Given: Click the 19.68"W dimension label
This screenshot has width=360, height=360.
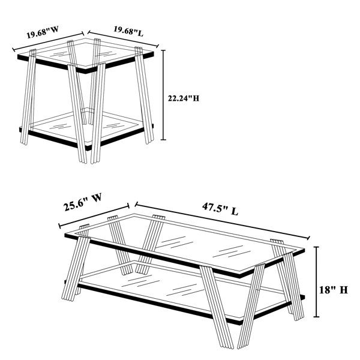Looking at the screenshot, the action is pyautogui.click(x=43, y=32).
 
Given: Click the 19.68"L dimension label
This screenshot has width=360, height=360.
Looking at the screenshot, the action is pyautogui.click(x=128, y=31).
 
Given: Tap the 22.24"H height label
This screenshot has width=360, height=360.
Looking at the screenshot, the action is pyautogui.click(x=184, y=98).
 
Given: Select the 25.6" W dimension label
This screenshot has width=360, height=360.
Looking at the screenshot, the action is pyautogui.click(x=82, y=202).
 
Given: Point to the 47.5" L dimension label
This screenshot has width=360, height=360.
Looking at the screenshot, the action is pyautogui.click(x=220, y=209).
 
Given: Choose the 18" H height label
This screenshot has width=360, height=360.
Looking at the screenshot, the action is pyautogui.click(x=334, y=290).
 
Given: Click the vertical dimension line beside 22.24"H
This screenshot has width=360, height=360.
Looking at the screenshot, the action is pyautogui.click(x=163, y=95).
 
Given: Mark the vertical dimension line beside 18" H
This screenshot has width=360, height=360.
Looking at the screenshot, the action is pyautogui.click(x=317, y=282).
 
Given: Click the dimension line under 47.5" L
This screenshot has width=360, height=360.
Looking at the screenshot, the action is pyautogui.click(x=222, y=221).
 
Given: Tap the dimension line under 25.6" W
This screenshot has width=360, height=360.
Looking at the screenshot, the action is pyautogui.click(x=94, y=215).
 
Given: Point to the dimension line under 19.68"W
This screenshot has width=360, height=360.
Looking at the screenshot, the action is pyautogui.click(x=48, y=41).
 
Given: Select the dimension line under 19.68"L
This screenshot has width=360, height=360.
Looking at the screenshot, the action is pyautogui.click(x=123, y=39).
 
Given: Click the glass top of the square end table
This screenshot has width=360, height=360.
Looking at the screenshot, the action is pyautogui.click(x=85, y=55).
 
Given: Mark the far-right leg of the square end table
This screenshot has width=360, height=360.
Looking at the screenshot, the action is pyautogui.click(x=144, y=95).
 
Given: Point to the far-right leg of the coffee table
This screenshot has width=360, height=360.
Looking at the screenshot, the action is pyautogui.click(x=287, y=280).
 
